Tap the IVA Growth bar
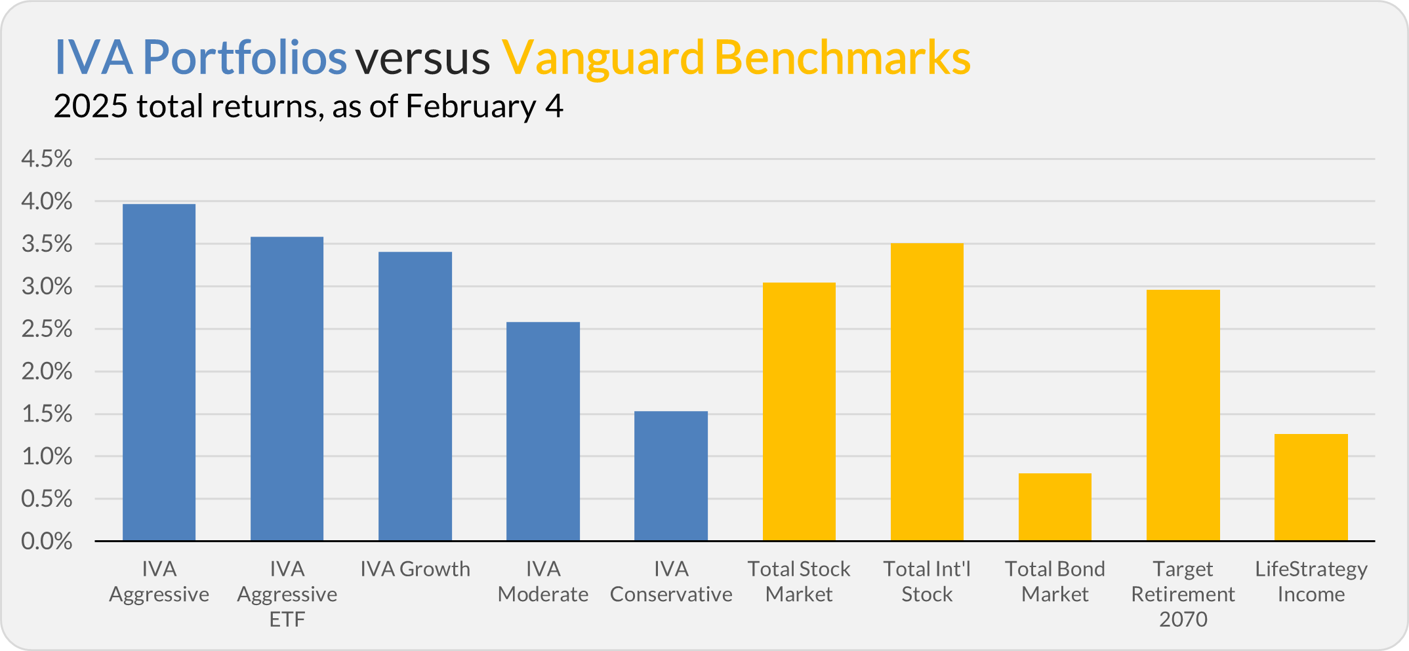[415, 397]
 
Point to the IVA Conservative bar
[671, 476]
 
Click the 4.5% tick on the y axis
[47, 159]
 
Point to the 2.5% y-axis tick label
[47, 328]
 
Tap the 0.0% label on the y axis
[47, 541]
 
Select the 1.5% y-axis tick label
[47, 414]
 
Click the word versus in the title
[423, 58]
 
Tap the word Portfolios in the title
[245, 58]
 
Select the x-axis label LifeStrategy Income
[1311, 582]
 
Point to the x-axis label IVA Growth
[415, 569]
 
